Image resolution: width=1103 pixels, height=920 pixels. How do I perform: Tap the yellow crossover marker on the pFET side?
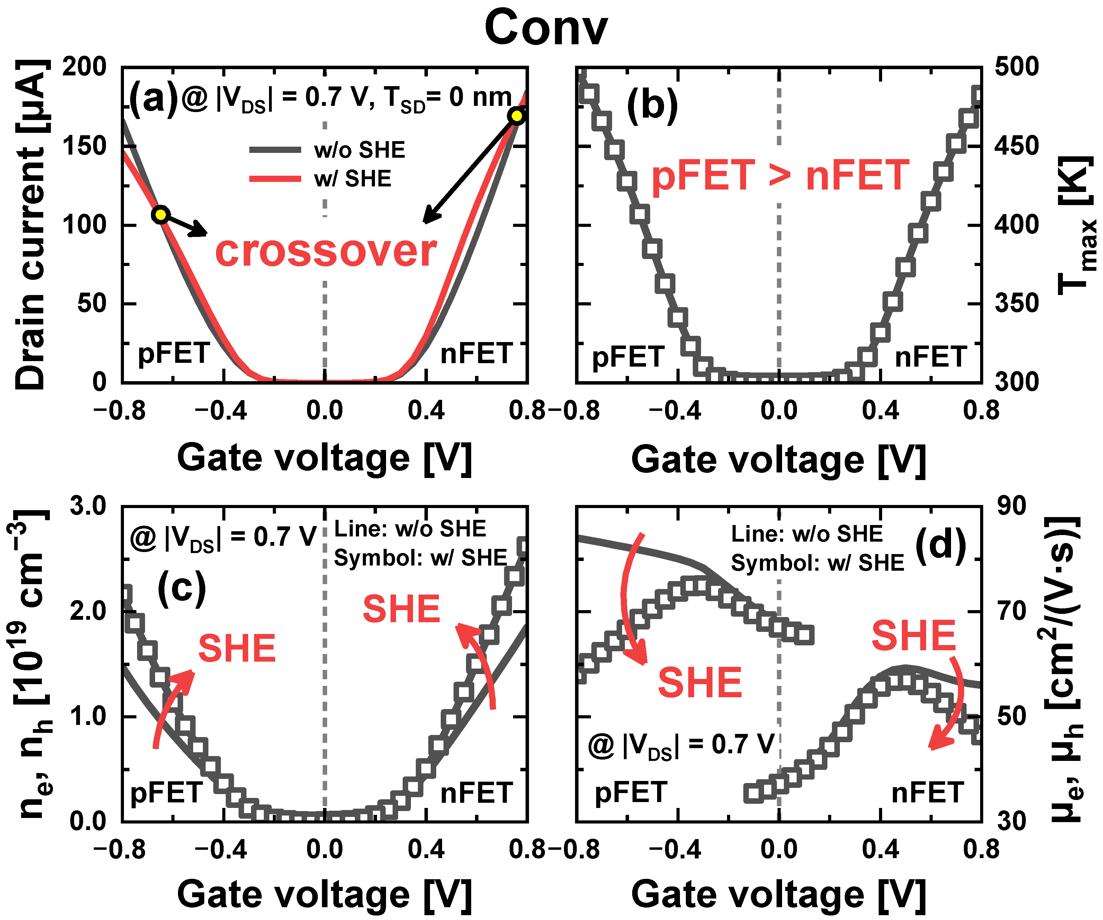pos(161,215)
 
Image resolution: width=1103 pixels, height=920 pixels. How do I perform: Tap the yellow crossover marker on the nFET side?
pos(517,116)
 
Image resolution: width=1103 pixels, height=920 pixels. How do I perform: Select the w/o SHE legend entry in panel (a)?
pos(359,150)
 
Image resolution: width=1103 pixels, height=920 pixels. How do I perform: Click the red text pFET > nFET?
pos(780,175)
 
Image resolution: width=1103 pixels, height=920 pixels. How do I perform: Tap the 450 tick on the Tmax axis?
pos(1017,146)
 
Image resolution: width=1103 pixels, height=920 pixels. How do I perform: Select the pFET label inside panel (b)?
pos(628,357)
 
